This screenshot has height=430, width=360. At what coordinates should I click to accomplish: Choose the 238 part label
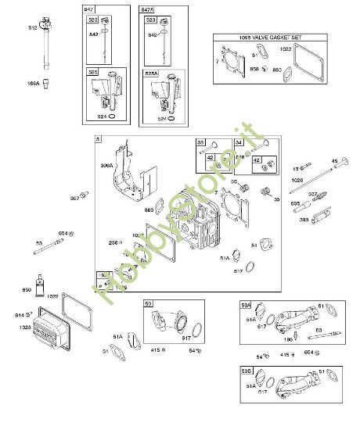(113, 243)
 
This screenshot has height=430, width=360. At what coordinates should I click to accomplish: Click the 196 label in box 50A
(289, 340)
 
